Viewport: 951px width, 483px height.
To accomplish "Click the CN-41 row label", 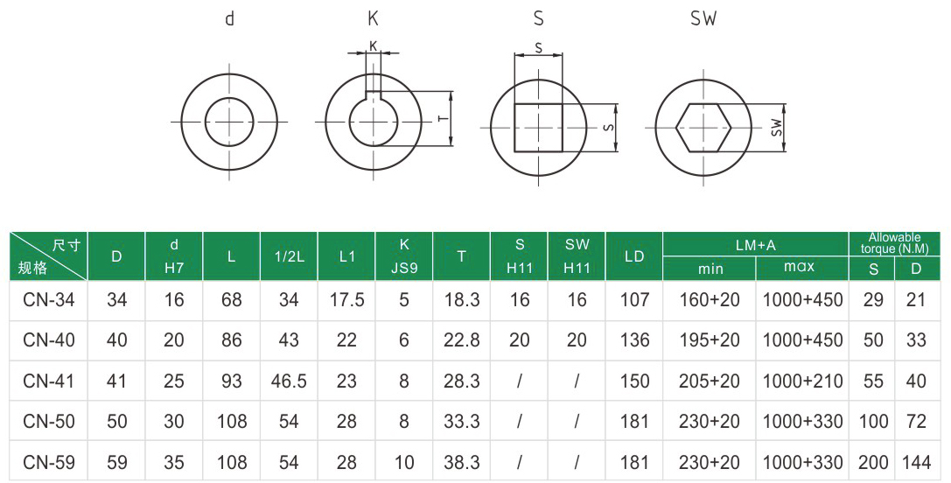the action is [48, 381].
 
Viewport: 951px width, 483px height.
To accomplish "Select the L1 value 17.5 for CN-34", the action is [346, 300].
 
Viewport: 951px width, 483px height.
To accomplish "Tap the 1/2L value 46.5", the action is [289, 381].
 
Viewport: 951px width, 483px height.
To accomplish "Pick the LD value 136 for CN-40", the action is [634, 340].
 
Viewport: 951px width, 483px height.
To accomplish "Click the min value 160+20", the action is [710, 300].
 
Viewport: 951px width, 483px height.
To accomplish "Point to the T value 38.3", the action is [462, 462].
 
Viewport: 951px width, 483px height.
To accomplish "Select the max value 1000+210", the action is [802, 381].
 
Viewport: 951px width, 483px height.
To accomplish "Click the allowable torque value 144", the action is [916, 462].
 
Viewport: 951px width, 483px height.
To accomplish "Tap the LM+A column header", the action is [755, 245].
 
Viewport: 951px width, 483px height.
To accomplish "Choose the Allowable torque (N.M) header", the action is [895, 242].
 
